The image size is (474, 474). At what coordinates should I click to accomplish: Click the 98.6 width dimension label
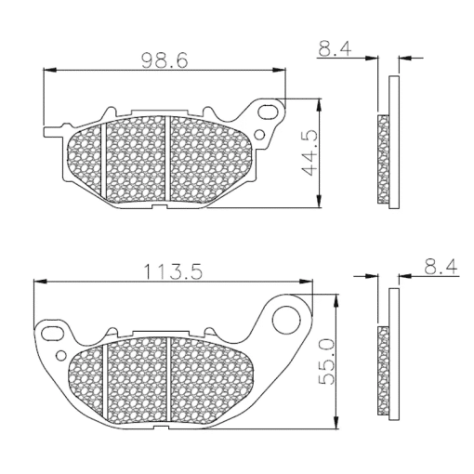click(165, 60)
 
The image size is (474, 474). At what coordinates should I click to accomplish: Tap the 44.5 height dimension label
click(309, 152)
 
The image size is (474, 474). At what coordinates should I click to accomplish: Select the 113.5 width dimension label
click(173, 271)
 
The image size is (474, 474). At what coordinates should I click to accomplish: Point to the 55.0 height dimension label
click(326, 362)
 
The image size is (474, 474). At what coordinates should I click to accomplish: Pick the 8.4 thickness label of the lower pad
click(441, 267)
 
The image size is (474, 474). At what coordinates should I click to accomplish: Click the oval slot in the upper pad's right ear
click(269, 112)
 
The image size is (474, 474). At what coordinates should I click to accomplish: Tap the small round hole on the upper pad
click(259, 135)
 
